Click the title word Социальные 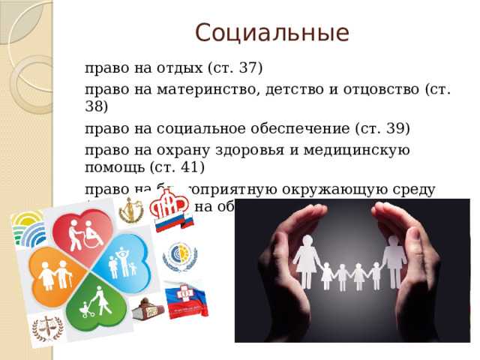(271, 32)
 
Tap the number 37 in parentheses (247, 69)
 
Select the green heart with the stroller (94, 304)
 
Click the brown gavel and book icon (146, 307)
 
